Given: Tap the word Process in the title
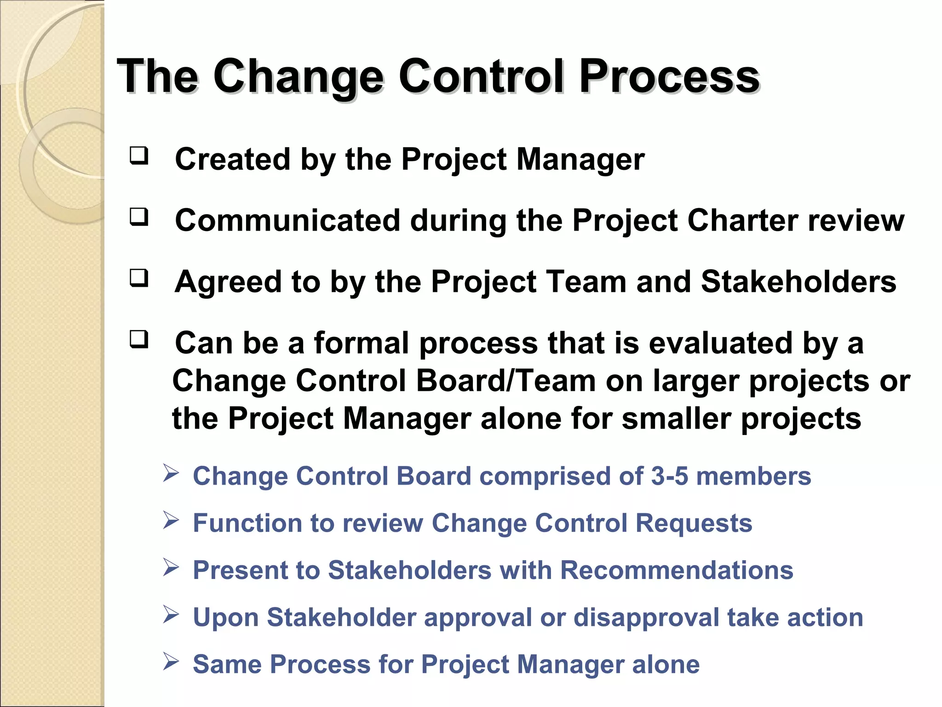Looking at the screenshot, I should pos(669,76).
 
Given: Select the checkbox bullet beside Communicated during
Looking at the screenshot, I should pos(139,217).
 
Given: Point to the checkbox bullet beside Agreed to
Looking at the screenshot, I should pos(139,278).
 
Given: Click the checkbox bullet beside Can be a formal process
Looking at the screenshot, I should pos(139,339).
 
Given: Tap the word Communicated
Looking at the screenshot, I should pos(287,220).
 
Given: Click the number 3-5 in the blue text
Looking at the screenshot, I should pos(669,476).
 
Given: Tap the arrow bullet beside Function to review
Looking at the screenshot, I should pos(171,521).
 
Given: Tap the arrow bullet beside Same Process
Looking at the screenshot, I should pos(171,661).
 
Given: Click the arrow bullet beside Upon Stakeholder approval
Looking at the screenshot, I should pos(171,614).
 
